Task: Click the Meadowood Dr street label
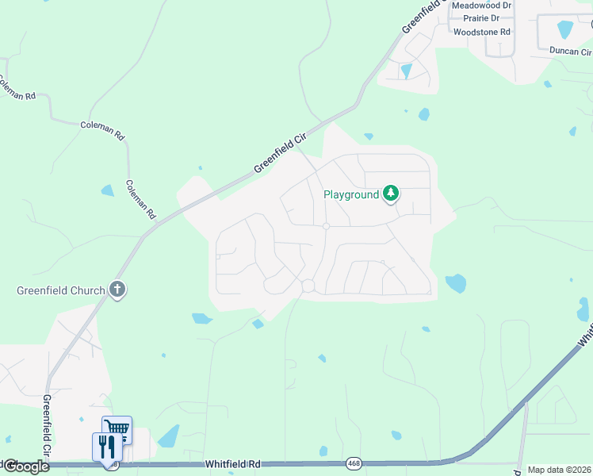(480, 6)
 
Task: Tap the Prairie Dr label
(481, 18)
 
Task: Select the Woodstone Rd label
(482, 33)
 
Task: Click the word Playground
(350, 194)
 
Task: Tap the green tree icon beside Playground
(390, 193)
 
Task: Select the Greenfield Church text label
(61, 290)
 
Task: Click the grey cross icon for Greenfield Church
(117, 290)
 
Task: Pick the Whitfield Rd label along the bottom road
(232, 463)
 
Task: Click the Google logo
(25, 466)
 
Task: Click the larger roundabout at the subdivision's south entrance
(308, 286)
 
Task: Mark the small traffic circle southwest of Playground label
(326, 226)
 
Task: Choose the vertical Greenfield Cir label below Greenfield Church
(47, 426)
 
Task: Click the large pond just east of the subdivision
(455, 283)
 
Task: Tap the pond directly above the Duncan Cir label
(565, 29)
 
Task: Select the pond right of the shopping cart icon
(168, 437)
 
